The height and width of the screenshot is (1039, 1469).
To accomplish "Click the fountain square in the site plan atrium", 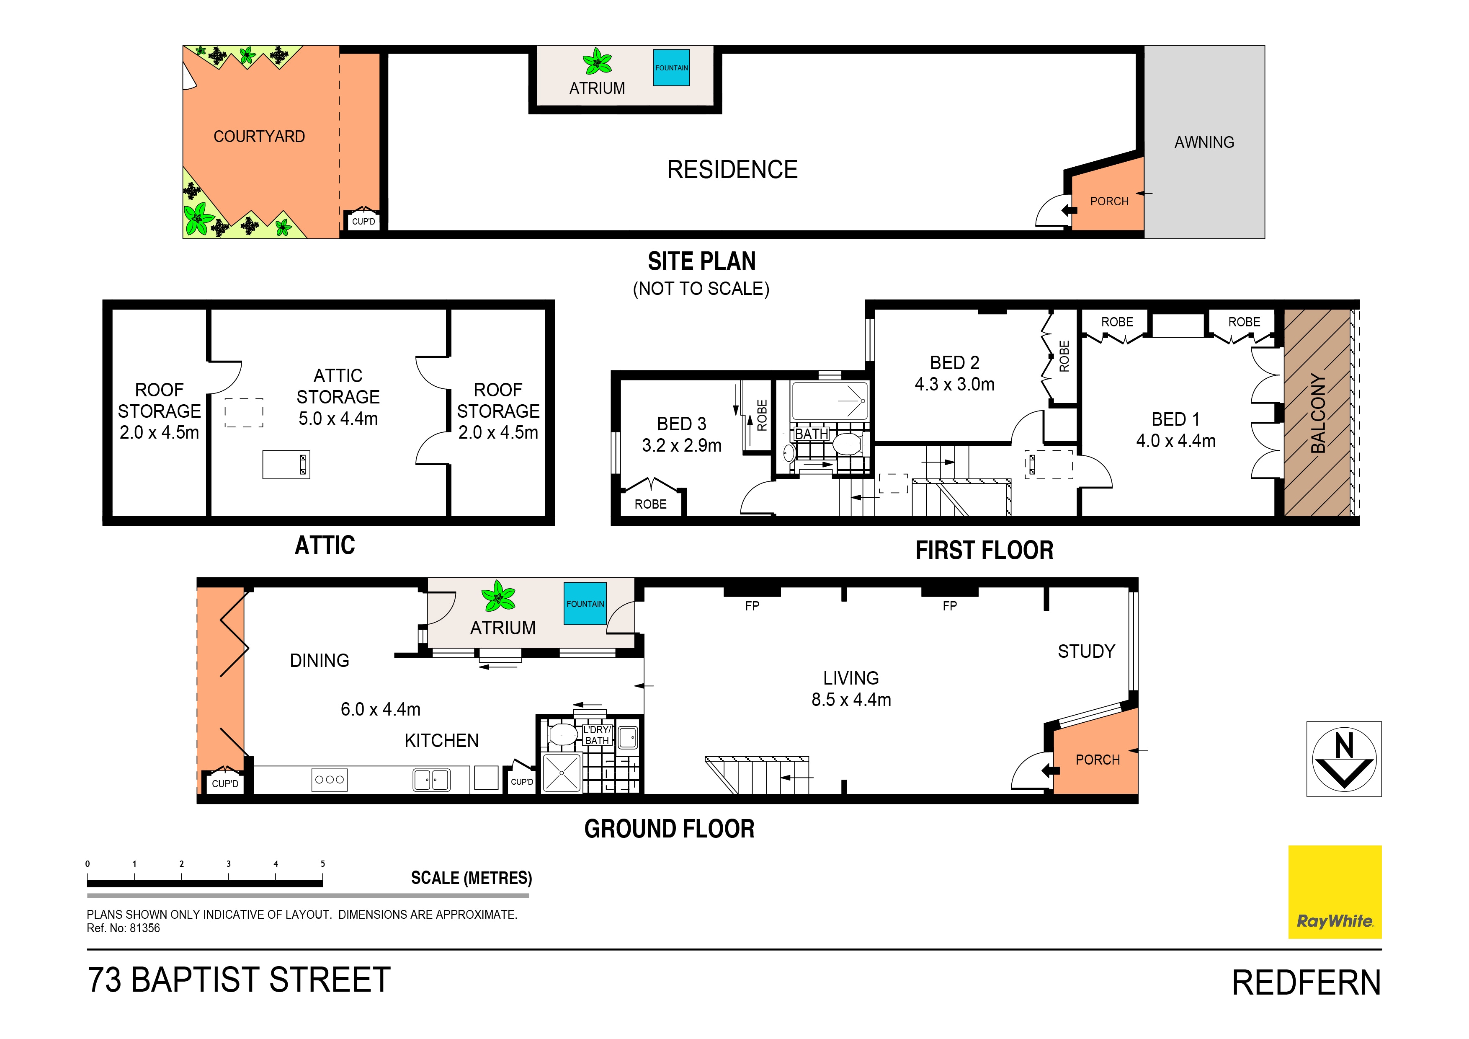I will pyautogui.click(x=671, y=68).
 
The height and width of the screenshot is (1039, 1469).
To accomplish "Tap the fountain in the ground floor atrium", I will pyautogui.click(x=585, y=604).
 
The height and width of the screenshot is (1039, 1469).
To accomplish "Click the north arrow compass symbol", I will pyautogui.click(x=1344, y=759).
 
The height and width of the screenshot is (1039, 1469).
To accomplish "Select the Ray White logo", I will pyautogui.click(x=1335, y=892).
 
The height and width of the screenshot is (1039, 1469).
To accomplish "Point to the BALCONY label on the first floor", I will pyautogui.click(x=1318, y=414).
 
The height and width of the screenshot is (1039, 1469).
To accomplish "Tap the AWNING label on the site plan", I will pyautogui.click(x=1204, y=142).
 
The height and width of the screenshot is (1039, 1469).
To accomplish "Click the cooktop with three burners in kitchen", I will pyautogui.click(x=330, y=779).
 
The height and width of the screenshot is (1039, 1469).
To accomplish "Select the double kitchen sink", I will pyautogui.click(x=431, y=780).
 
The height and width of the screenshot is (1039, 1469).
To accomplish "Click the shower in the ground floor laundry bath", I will pyautogui.click(x=561, y=773).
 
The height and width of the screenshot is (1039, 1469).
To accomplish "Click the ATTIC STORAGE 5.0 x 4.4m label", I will pyautogui.click(x=338, y=397).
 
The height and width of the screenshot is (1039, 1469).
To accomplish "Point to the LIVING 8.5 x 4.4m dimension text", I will pyautogui.click(x=851, y=700).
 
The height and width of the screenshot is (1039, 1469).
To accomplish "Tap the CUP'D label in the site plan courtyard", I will pyautogui.click(x=363, y=222).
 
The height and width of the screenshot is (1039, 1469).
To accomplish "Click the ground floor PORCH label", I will pyautogui.click(x=1097, y=760).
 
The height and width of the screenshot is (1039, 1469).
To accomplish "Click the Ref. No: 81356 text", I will pyautogui.click(x=124, y=928).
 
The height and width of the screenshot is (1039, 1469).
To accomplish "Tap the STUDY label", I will pyautogui.click(x=1086, y=652).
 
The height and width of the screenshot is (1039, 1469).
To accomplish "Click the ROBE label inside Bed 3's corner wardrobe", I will pyautogui.click(x=650, y=504).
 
